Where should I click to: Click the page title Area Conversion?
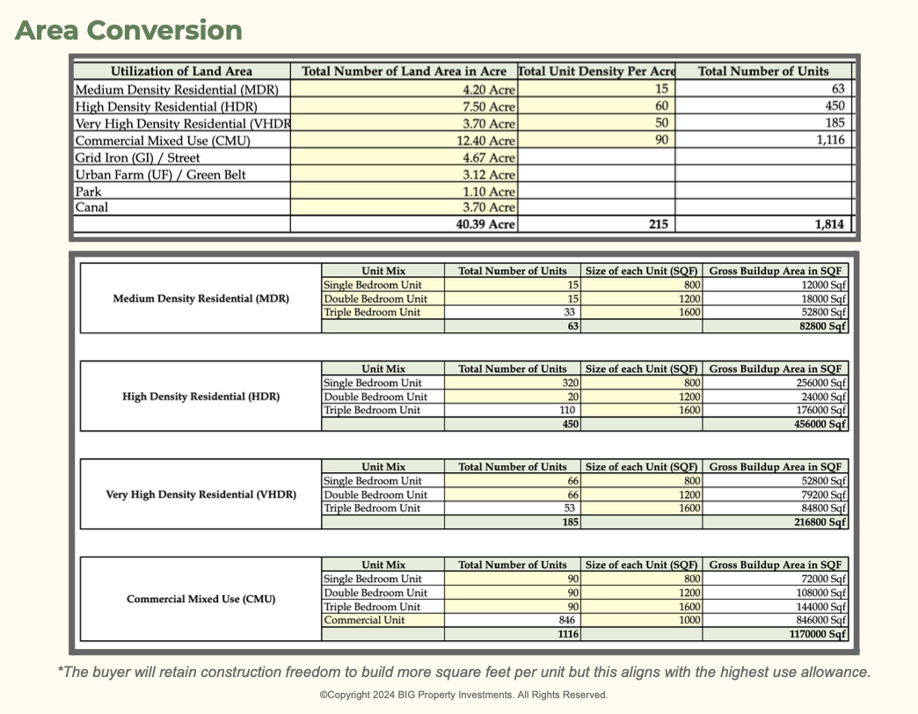tap(128, 30)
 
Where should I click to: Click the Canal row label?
tap(91, 208)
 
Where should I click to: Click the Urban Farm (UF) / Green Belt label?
tap(160, 175)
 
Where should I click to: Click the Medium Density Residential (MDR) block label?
tap(200, 299)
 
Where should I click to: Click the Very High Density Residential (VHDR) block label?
tap(200, 495)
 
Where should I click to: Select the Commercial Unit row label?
tap(364, 620)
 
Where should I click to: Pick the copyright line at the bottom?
tap(463, 695)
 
